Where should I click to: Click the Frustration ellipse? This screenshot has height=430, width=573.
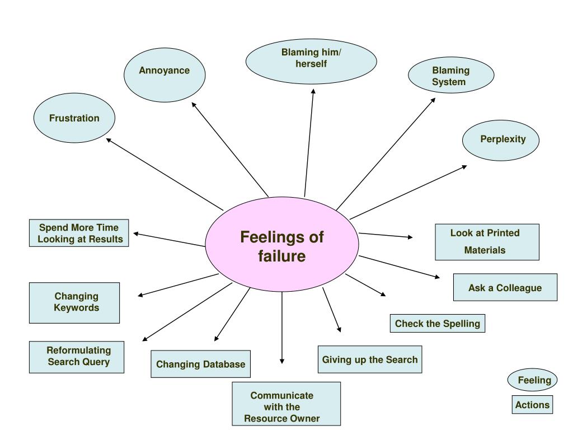coord(74,118)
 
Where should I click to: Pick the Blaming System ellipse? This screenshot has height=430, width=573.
coord(451,76)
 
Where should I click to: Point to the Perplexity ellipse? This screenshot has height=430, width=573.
coord(501,140)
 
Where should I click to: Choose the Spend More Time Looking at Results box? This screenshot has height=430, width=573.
coord(79,233)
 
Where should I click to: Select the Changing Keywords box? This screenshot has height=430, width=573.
coord(74,302)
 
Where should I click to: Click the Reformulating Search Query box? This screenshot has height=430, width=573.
coord(77,357)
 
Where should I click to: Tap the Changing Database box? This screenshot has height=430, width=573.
coord(200,364)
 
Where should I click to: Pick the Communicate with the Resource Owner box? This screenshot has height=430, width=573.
coord(286,404)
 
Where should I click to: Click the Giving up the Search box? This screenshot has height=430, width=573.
coord(370,359)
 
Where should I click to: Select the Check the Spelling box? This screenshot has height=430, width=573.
coord(438,324)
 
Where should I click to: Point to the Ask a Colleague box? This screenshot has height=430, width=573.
coord(505,288)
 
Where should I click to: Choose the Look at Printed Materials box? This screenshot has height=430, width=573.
coord(487,242)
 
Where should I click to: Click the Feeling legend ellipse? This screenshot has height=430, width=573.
coord(533,381)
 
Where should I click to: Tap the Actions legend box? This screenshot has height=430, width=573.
coord(532,405)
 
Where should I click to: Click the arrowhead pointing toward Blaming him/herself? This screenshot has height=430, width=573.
coord(313,91)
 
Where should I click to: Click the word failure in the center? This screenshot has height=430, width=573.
coord(282,256)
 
